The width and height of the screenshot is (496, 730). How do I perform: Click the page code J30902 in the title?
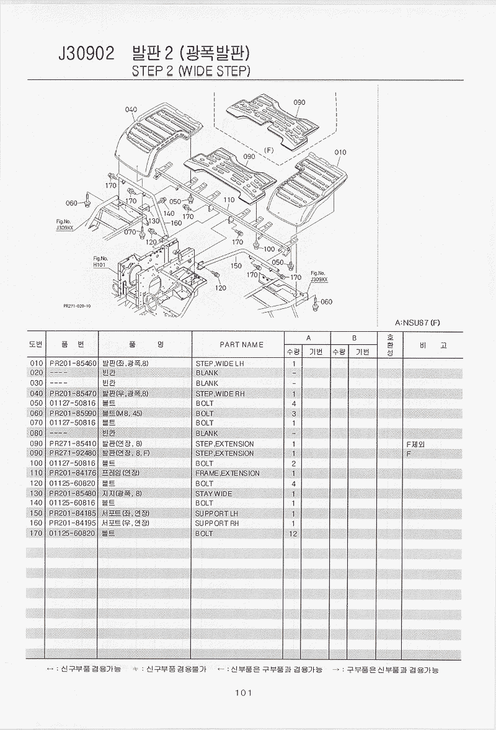pos(86,55)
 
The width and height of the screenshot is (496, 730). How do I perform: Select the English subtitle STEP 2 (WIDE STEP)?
pos(191,71)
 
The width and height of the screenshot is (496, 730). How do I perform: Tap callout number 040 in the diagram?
pos(131,110)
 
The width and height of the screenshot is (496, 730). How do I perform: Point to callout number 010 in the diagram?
pos(340,152)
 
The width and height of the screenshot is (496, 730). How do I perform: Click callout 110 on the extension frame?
pos(229,200)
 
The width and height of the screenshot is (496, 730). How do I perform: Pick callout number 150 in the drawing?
pos(236,265)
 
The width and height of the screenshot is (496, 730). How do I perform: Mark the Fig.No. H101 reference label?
pos(100,261)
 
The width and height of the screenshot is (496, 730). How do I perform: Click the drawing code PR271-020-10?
pos(77,306)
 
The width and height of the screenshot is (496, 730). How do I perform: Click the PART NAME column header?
pos(241,344)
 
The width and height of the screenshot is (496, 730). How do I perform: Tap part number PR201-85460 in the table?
pos(73,363)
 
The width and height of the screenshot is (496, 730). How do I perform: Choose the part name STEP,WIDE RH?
pos(220,393)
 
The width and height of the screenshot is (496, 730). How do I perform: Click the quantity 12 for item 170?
pos(293,533)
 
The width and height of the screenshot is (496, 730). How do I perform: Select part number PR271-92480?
pos(73,453)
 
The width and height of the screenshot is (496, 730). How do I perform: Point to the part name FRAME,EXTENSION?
pos(228,473)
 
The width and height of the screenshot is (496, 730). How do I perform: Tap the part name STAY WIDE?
pos(214,494)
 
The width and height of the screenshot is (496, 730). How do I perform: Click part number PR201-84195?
pos(73,523)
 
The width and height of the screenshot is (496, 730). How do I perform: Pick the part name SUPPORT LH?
pos(216,514)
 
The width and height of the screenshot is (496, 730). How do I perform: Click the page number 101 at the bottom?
pos(242,693)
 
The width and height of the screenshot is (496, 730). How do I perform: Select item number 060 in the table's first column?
pos(36,413)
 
